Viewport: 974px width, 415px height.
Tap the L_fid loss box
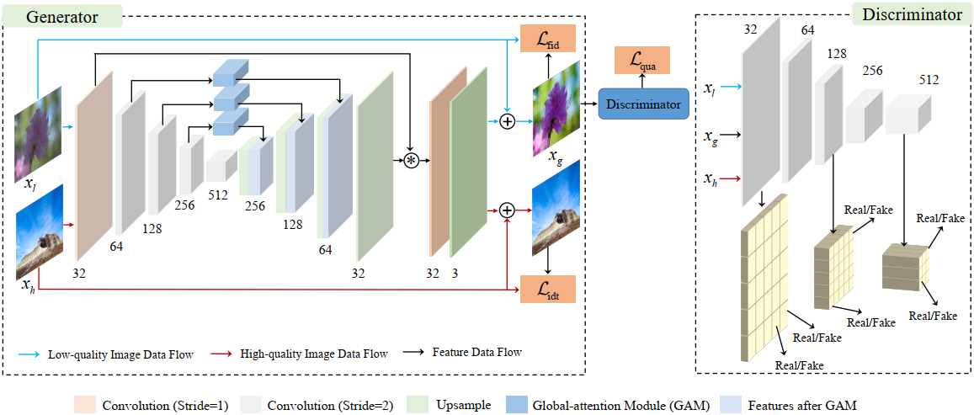tap(546, 39)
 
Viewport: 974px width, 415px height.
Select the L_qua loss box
tap(642, 59)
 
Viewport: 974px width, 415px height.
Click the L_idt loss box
tap(546, 289)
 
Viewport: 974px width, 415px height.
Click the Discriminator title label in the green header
tap(912, 15)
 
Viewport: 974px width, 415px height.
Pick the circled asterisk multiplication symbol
tap(411, 160)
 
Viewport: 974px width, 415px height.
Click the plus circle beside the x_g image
tap(507, 122)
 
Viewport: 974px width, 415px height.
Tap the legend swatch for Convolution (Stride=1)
tap(86, 404)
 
